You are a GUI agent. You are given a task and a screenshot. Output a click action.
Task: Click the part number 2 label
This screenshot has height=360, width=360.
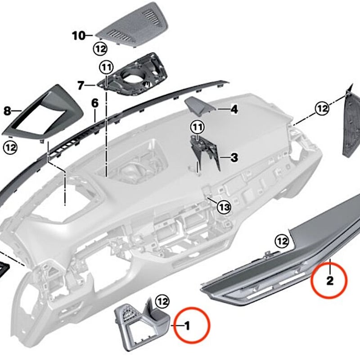330,281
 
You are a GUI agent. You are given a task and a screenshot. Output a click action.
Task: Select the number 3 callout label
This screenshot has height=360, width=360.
234,157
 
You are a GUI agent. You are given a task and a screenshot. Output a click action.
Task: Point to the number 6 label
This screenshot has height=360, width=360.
94,103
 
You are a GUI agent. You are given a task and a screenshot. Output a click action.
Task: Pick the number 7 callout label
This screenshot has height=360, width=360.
81,85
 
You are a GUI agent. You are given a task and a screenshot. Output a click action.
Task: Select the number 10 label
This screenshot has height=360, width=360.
78,35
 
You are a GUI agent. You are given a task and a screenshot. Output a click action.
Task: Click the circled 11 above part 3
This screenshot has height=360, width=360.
197,127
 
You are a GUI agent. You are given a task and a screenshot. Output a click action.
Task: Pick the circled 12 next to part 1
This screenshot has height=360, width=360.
162,301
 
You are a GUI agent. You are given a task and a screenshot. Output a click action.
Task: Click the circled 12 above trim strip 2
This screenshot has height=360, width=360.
282,242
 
